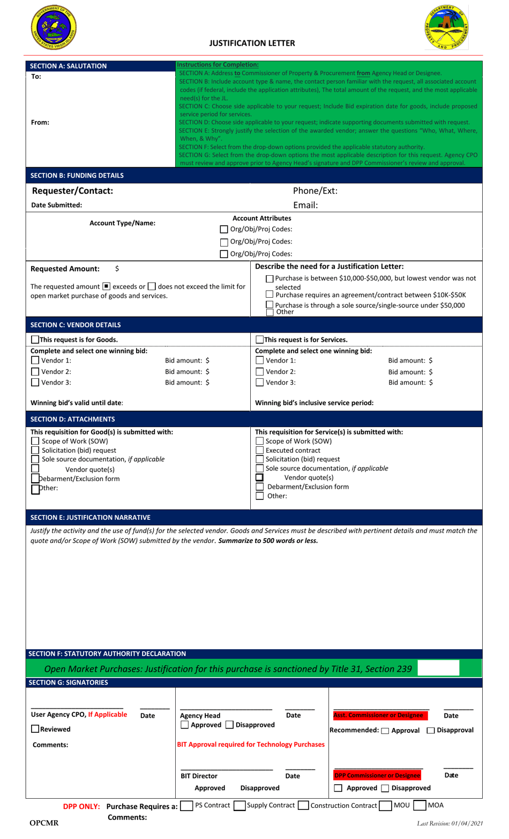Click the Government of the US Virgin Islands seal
click(54, 27)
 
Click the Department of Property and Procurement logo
click(446, 28)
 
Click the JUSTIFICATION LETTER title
click(252, 43)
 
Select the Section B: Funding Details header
click(77, 175)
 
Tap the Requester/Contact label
click(72, 191)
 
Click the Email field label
click(305, 205)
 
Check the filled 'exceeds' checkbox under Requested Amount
click(107, 286)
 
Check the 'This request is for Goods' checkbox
click(35, 340)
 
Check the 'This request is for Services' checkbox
click(260, 340)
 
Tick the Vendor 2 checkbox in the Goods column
click(35, 372)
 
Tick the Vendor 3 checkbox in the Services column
click(260, 382)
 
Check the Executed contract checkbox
click(260, 451)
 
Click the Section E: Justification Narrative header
click(90, 517)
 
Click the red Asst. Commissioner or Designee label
click(378, 715)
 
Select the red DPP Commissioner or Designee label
click(377, 776)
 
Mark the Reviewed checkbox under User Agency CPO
click(35, 729)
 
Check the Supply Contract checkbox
click(240, 805)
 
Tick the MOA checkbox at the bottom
click(420, 805)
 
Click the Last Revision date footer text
click(450, 823)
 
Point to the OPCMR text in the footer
click(44, 823)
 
